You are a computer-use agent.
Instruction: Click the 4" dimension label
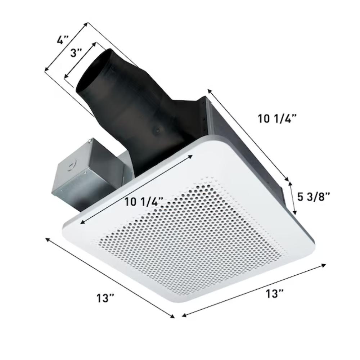point(63,40)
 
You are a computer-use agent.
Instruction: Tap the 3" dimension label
point(76,53)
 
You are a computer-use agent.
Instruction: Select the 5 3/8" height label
point(314,197)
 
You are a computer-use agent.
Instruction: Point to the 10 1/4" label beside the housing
point(277,119)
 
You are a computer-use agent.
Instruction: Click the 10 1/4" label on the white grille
point(144,202)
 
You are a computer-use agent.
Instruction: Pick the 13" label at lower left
point(105,298)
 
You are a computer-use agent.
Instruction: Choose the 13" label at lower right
point(275,294)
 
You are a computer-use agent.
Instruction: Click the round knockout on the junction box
point(71,166)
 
